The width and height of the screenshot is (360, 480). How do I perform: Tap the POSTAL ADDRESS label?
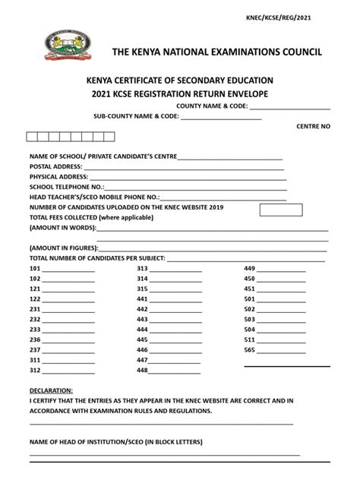pyautogui.click(x=55, y=166)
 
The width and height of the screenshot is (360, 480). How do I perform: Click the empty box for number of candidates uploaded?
pyautogui.click(x=281, y=210)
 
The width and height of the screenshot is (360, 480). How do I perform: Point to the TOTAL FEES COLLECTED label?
pyautogui.click(x=91, y=216)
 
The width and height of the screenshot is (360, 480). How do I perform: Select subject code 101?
pyautogui.click(x=35, y=269)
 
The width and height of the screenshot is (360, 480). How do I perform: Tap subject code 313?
pyautogui.click(x=142, y=269)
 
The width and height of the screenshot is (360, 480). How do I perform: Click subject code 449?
pyautogui.click(x=249, y=269)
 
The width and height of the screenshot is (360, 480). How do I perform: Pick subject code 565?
pyautogui.click(x=249, y=350)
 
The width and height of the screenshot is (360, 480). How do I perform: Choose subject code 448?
pyautogui.click(x=142, y=371)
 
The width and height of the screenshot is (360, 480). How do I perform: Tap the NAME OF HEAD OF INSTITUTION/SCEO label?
pyautogui.click(x=116, y=441)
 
